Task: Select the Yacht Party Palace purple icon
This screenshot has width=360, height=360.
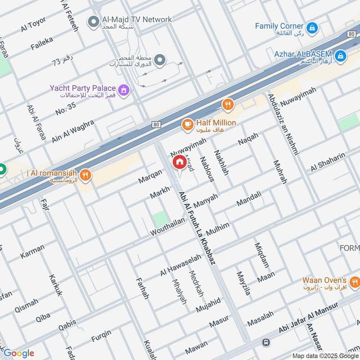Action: [125, 90]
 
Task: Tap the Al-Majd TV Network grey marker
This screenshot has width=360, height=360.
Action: [93, 21]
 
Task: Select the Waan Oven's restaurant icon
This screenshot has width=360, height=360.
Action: [355, 283]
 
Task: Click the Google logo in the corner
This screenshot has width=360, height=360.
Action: [18, 353]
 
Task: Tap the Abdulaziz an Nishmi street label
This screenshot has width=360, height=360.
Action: [283, 124]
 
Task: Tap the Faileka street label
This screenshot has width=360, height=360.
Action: [42, 43]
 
